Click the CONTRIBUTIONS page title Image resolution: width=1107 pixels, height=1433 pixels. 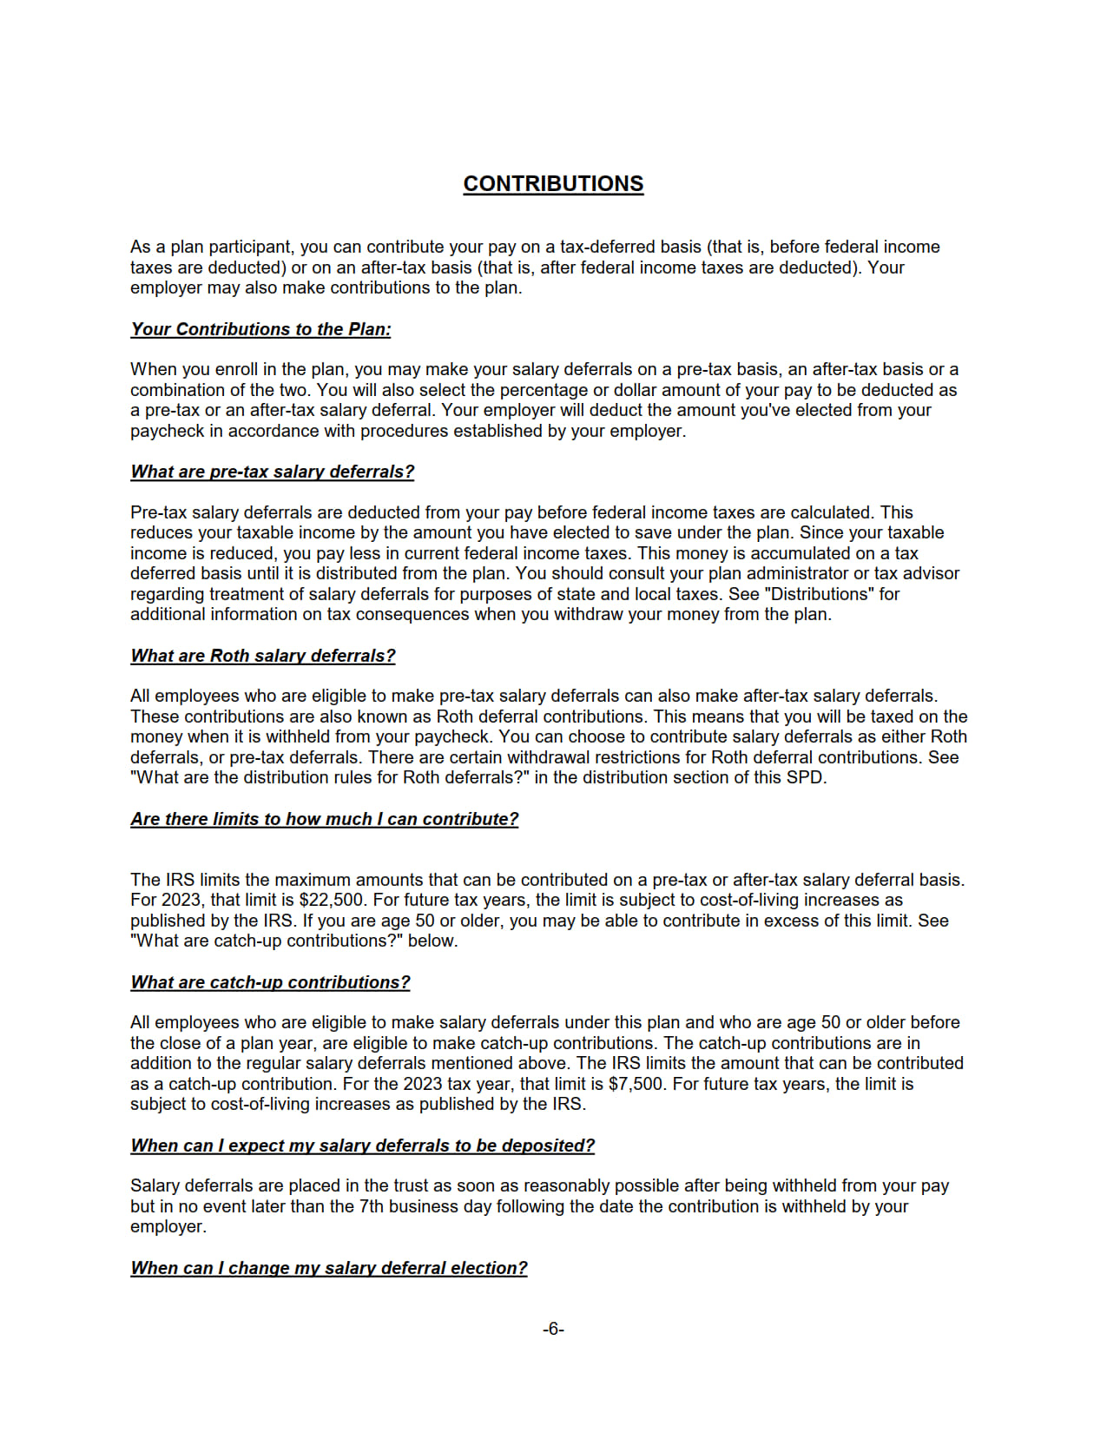(x=553, y=184)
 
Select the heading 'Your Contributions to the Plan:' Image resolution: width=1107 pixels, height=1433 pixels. (x=260, y=329)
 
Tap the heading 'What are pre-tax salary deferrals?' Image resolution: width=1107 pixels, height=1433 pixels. (x=272, y=472)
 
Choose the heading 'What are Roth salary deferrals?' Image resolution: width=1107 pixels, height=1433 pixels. (x=262, y=656)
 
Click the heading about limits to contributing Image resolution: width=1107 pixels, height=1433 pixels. (x=324, y=819)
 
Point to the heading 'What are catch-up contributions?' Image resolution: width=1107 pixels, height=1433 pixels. (x=270, y=982)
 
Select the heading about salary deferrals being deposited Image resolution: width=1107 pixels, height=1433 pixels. (x=362, y=1146)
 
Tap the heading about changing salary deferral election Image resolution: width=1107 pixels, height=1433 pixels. (x=328, y=1268)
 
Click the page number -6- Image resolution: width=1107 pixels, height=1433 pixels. (x=553, y=1329)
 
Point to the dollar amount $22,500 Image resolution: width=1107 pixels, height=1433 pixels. (x=332, y=900)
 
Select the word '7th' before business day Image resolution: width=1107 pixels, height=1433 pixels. (x=371, y=1206)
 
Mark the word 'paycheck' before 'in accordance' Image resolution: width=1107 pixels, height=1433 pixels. (x=167, y=431)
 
